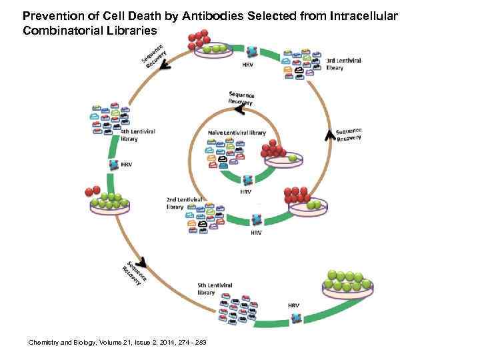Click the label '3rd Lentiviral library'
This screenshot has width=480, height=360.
343,63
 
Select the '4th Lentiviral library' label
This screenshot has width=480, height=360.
137,135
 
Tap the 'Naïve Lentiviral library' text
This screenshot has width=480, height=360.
236,133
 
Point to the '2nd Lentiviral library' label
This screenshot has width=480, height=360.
184,203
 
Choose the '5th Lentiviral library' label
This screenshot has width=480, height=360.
215,288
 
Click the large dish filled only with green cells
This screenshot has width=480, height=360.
347,283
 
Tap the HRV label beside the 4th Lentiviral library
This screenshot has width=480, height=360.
126,165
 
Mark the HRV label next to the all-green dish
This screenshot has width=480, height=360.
293,305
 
